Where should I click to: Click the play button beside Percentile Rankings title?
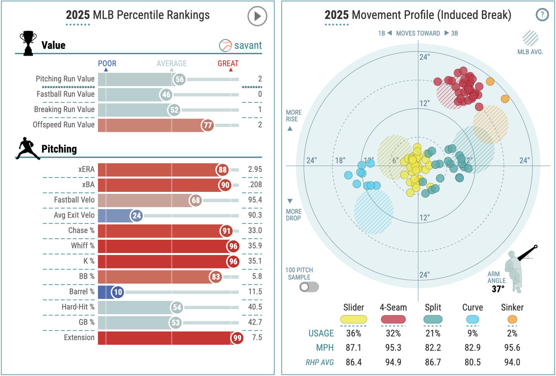[x=257, y=16]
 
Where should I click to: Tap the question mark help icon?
[x=542, y=15]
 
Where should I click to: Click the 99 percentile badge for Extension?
[x=238, y=338]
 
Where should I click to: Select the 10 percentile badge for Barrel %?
[x=118, y=292]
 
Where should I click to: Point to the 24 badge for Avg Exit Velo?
[x=136, y=215]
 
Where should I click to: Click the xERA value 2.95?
[x=254, y=169]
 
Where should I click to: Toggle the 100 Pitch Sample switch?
[x=309, y=287]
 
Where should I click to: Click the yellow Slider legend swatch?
[x=354, y=319]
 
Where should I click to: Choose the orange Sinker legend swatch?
[x=512, y=319]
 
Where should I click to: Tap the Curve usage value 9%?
[x=473, y=333]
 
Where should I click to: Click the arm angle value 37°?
[x=498, y=289]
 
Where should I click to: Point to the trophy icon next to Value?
[x=27, y=44]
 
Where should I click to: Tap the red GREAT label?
[x=228, y=64]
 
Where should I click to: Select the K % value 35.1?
[x=254, y=261]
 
